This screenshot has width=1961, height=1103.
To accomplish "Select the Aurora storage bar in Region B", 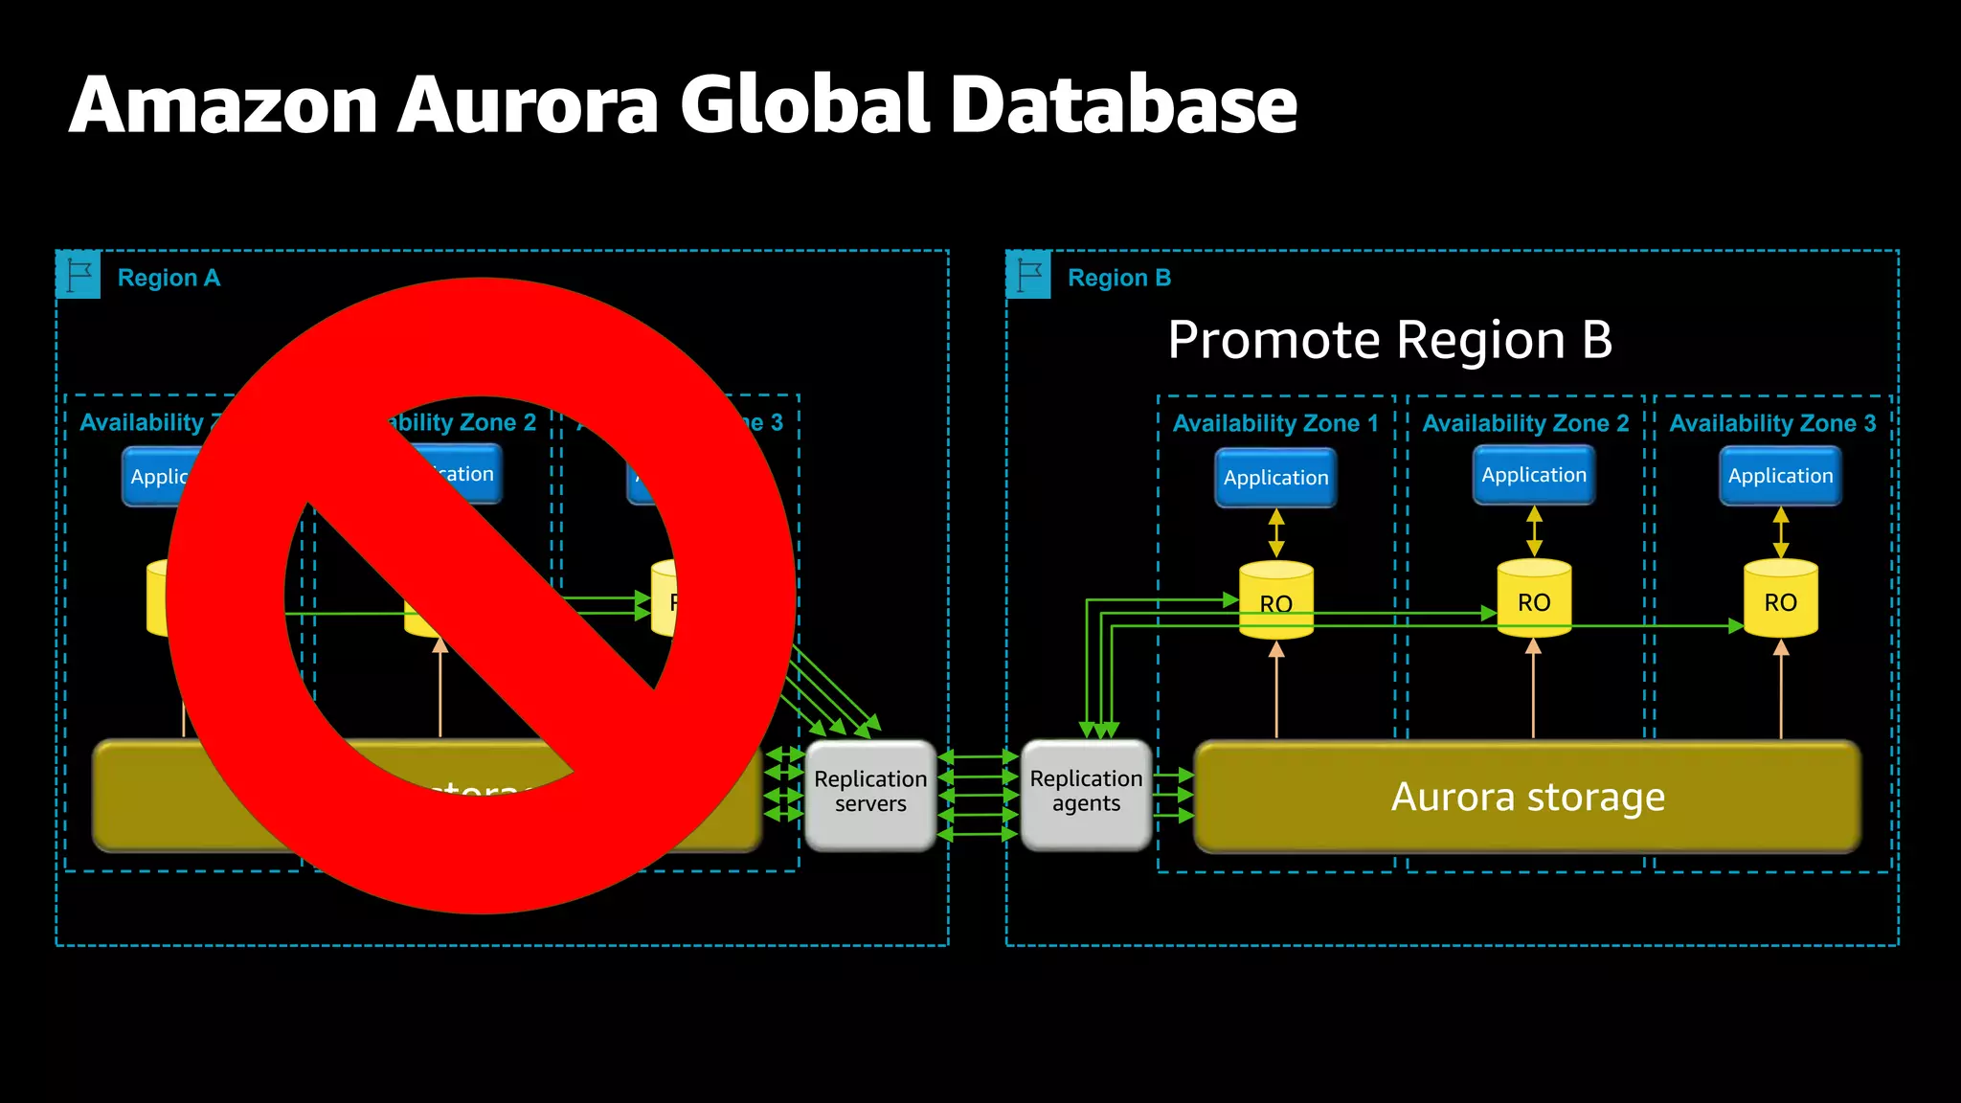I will [x=1527, y=797].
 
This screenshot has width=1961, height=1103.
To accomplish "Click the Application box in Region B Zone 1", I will [x=1275, y=477].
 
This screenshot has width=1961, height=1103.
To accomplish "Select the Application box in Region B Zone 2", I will [x=1534, y=475].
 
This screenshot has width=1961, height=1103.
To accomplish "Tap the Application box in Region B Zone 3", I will [x=1780, y=476].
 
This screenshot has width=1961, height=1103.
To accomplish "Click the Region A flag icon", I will [x=79, y=276].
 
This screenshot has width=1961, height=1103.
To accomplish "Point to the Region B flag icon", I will [x=1029, y=276].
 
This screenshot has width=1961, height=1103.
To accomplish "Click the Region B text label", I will [x=1119, y=278].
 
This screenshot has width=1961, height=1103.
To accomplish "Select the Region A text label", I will [x=169, y=278].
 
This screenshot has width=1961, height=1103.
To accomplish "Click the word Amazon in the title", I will [x=224, y=105].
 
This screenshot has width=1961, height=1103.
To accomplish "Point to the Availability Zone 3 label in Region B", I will [x=1772, y=423].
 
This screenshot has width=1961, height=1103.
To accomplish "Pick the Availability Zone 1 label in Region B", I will [x=1275, y=423].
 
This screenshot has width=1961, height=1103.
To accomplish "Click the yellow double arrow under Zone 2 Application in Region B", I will [x=1534, y=531].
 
